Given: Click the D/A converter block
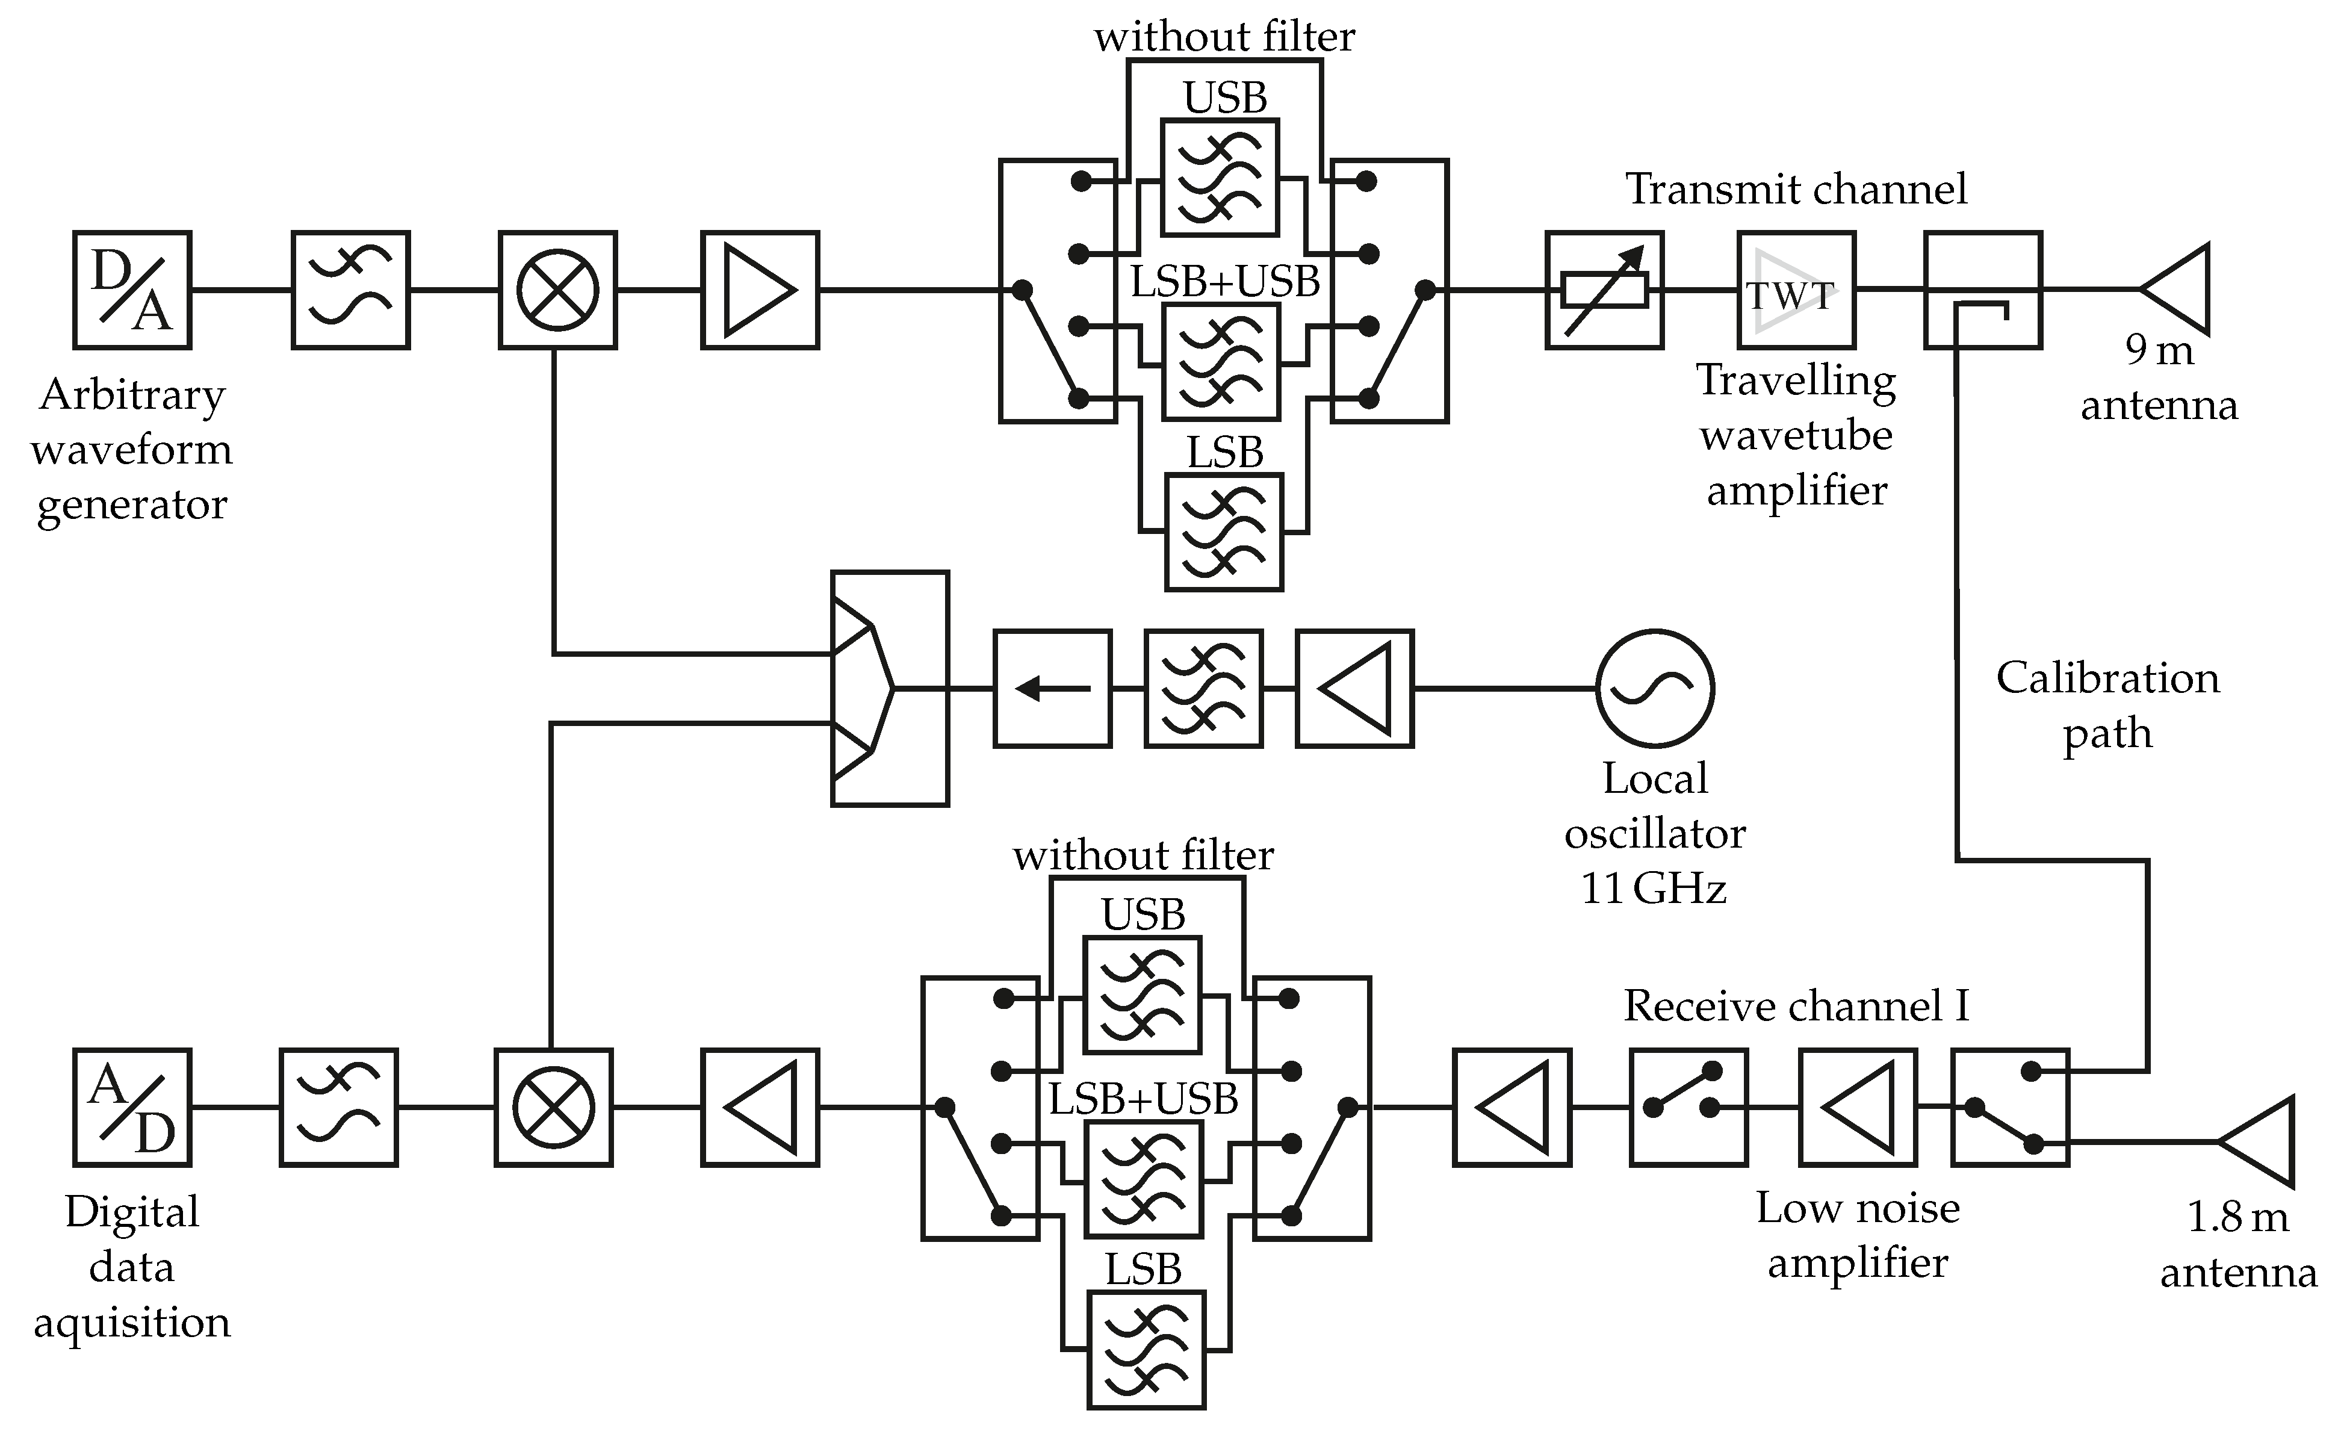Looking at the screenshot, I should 132,290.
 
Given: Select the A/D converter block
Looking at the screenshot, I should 132,1108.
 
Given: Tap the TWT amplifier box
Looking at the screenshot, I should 1796,290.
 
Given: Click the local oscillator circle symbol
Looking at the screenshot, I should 1655,687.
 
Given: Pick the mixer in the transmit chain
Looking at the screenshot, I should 558,290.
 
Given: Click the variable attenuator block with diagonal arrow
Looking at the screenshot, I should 1605,290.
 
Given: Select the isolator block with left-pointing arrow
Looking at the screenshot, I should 1052,687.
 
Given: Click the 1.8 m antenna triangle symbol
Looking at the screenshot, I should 2257,1142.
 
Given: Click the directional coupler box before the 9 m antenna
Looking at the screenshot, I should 1983,290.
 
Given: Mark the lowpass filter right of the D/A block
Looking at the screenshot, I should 350,290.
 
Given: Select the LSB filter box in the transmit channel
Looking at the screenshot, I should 1224,532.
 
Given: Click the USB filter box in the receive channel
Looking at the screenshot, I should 1143,995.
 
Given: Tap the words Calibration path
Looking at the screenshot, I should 2107,705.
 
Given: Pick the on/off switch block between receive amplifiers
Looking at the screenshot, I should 1688,1108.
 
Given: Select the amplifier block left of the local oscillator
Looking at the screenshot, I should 1354,687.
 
